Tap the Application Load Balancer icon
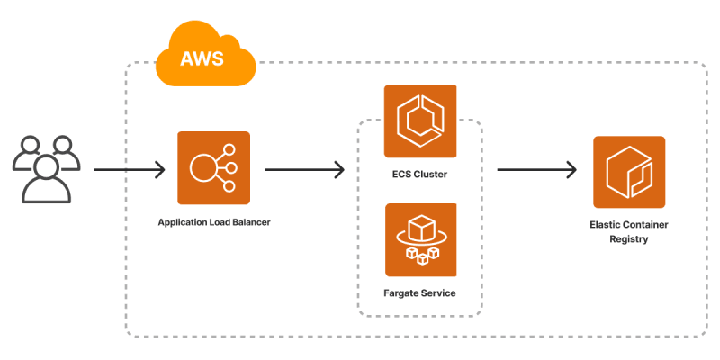(213, 167)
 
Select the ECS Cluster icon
(420, 121)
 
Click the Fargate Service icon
(420, 238)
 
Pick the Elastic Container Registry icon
(628, 172)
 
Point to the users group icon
(46, 168)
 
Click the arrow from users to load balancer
(130, 169)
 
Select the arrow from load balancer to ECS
(305, 169)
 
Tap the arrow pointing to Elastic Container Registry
(536, 169)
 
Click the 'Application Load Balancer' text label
(213, 221)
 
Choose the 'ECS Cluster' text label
(420, 174)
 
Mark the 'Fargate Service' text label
(420, 293)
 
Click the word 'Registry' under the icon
(628, 239)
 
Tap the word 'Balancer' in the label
(249, 221)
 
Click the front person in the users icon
(46, 180)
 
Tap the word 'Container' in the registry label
(646, 224)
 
